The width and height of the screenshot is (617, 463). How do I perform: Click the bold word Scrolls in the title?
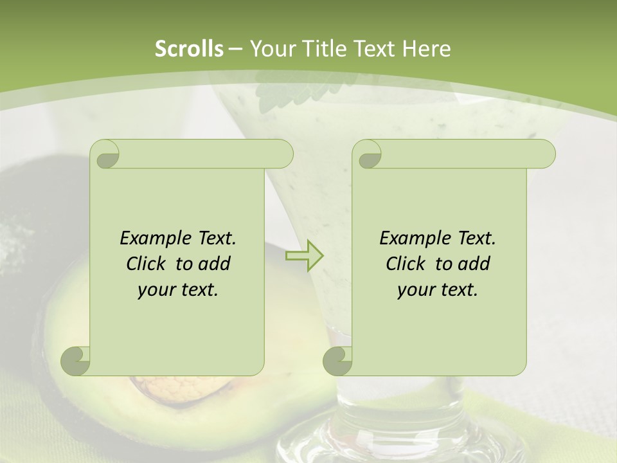pyautogui.click(x=189, y=49)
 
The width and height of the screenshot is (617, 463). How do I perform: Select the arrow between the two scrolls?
pyautogui.click(x=304, y=256)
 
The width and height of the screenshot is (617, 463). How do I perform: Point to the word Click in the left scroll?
pyautogui.click(x=148, y=264)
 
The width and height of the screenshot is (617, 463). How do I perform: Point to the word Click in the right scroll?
pyautogui.click(x=408, y=264)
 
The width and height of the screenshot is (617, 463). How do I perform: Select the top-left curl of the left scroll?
pyautogui.click(x=105, y=154)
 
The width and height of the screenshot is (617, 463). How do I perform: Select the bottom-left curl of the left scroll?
pyautogui.click(x=76, y=361)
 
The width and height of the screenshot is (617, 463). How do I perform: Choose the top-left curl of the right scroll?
pyautogui.click(x=367, y=154)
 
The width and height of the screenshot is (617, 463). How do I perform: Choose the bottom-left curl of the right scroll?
pyautogui.click(x=338, y=361)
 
